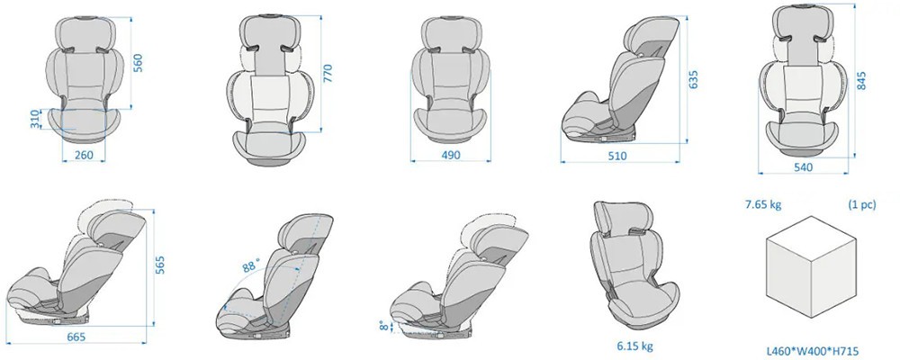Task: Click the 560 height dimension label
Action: point(138,63)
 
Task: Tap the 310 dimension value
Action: point(36,119)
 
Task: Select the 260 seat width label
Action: point(84,155)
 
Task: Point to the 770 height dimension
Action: point(328,74)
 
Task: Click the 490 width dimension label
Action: point(451,155)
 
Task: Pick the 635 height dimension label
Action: point(693,79)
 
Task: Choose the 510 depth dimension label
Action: point(617,156)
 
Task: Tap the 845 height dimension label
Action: point(861,80)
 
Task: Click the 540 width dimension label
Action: point(803,167)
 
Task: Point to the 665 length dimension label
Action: point(76,337)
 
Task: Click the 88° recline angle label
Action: point(251,265)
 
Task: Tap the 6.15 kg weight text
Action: point(634,346)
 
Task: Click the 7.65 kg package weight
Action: point(763,204)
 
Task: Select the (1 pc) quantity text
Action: point(862,204)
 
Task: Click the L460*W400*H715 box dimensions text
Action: point(813,350)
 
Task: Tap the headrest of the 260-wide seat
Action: point(84,34)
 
